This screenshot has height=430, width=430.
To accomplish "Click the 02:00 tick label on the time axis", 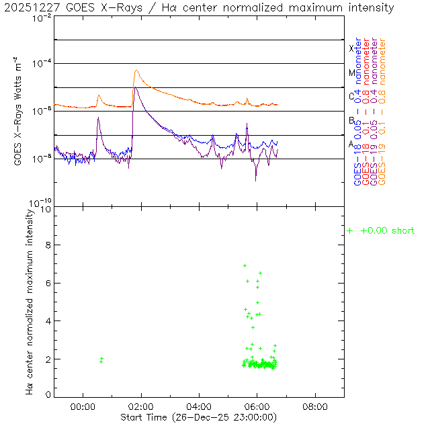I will pos(141,406).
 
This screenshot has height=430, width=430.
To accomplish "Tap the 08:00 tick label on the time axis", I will pos(316,406).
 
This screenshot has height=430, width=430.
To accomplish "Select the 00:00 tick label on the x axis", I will pos(83,406).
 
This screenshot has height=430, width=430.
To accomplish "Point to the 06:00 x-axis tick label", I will pos(257,406).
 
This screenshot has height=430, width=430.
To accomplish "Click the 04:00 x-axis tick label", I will pos(200,406).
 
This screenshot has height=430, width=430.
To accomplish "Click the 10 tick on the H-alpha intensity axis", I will pos(44,209).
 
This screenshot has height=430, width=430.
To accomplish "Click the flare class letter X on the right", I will pos(351,48).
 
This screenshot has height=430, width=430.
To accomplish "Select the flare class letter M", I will pos(351,73).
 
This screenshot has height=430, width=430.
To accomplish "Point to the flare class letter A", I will pos(351,144).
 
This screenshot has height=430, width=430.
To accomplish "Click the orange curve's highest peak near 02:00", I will pos(136,70).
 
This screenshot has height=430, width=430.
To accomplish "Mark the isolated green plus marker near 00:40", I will pos(101,361).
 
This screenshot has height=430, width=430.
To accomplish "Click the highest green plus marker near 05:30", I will pos(245,266).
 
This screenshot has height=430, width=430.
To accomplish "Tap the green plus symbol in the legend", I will pos(349,231).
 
